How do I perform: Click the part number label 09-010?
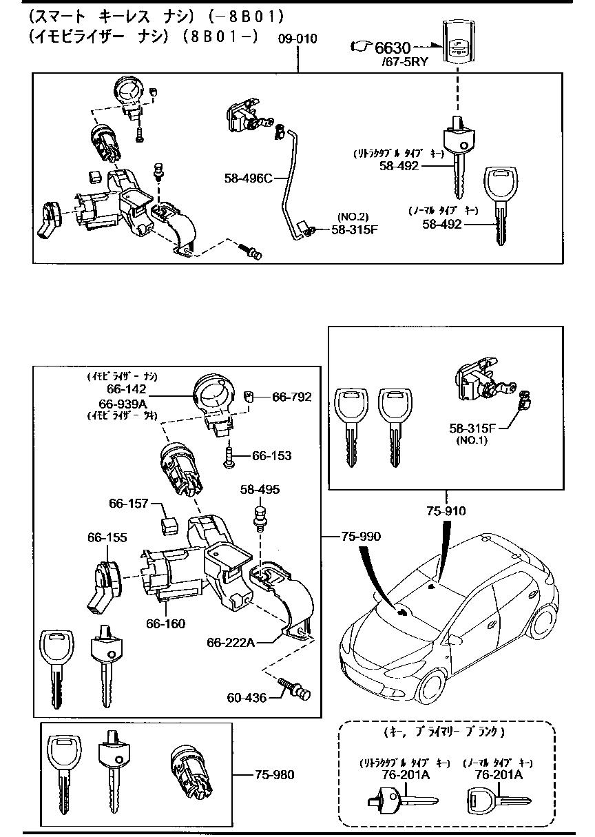(297, 39)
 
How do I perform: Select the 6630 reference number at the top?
(393, 48)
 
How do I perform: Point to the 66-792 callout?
(291, 397)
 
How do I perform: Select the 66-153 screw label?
(271, 456)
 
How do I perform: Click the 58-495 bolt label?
(260, 489)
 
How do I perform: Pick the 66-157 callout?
(128, 504)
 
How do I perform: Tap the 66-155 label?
(107, 537)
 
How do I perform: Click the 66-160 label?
(165, 624)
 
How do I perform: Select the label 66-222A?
(231, 642)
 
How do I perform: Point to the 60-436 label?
(247, 698)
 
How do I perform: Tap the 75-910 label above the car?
(446, 511)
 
